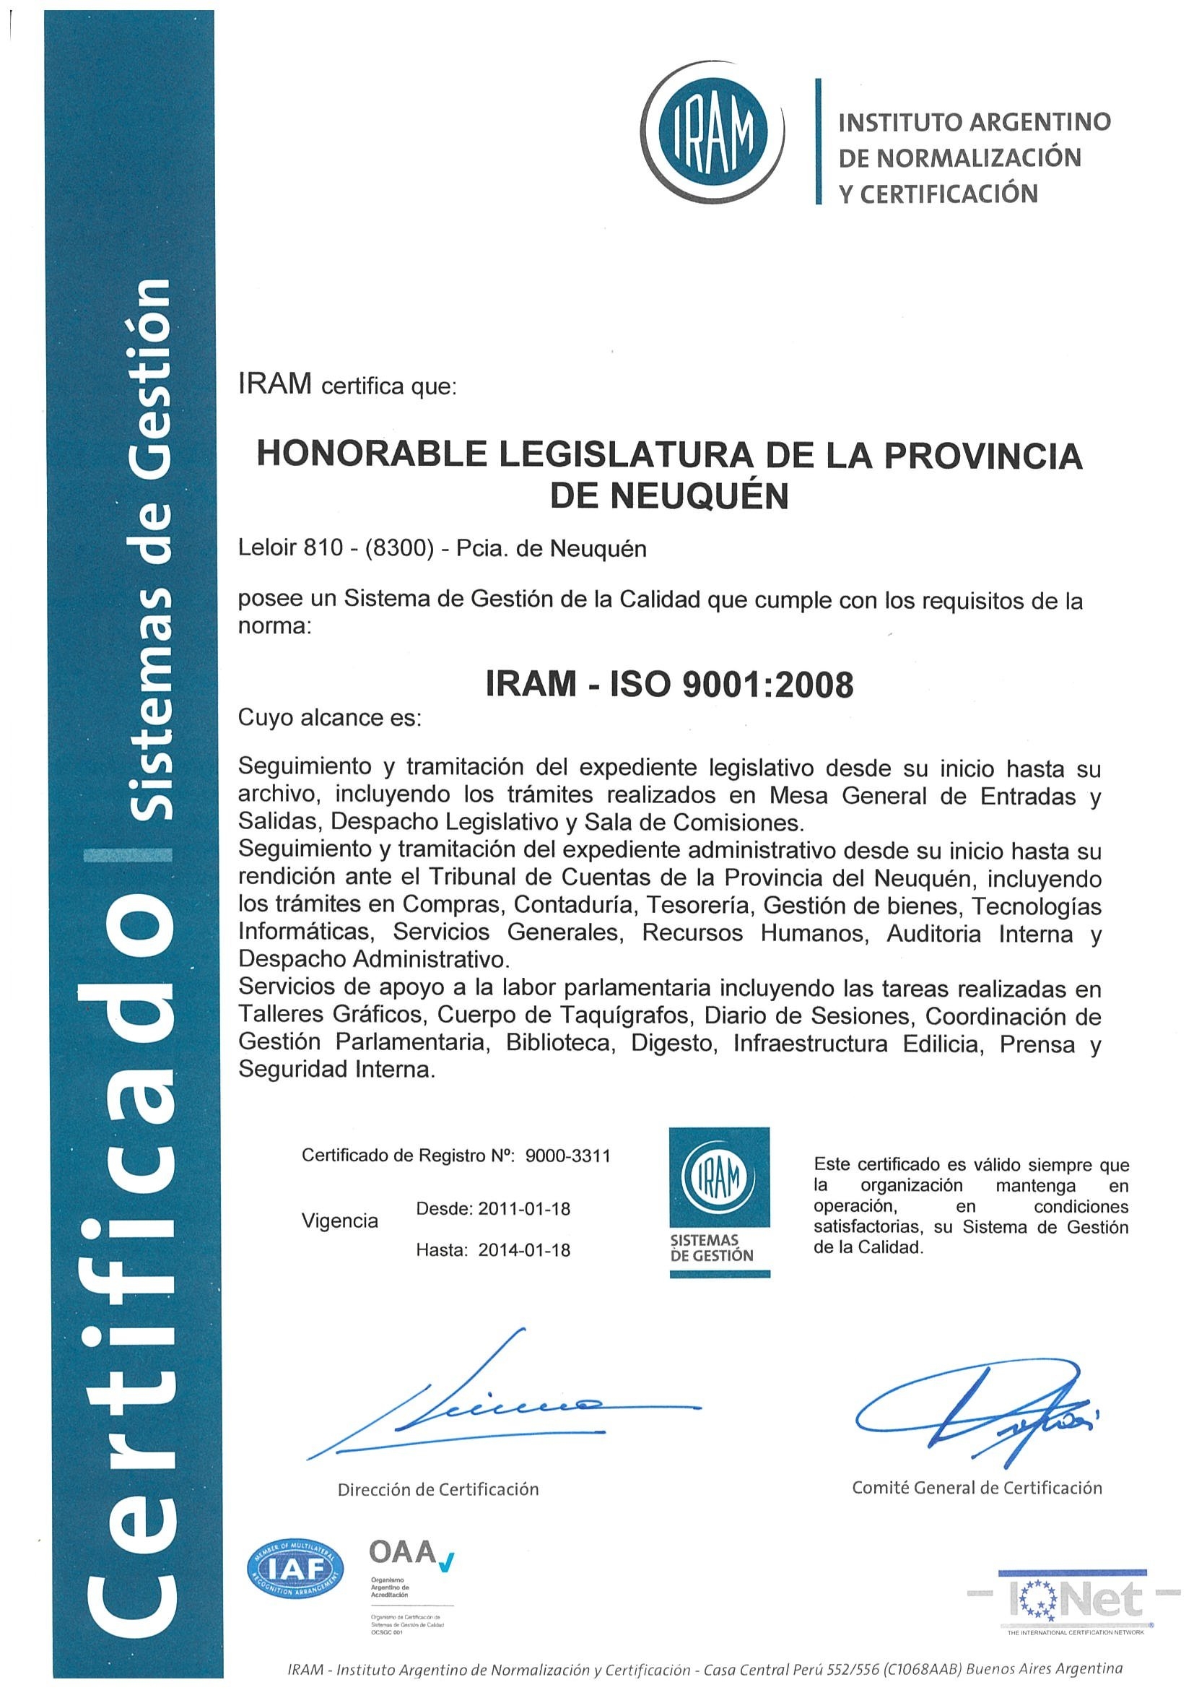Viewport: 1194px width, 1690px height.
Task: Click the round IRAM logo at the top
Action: (x=712, y=133)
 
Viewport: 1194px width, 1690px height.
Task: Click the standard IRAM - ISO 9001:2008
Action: (x=669, y=685)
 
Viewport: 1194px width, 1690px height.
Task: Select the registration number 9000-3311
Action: (x=567, y=1156)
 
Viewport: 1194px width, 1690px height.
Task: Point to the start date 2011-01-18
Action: (x=524, y=1208)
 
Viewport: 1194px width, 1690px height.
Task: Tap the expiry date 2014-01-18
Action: (x=524, y=1250)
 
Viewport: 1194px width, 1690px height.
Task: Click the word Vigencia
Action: (x=340, y=1221)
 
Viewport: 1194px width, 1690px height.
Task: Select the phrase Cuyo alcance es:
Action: (x=330, y=718)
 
